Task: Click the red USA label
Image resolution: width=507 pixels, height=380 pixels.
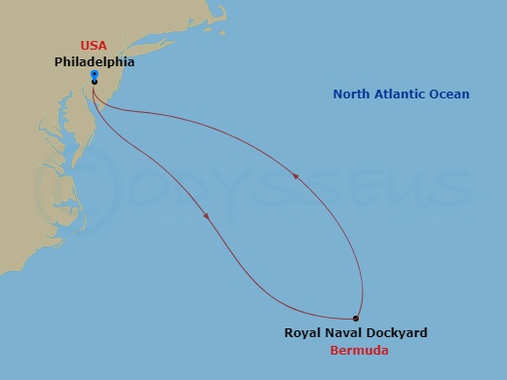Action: tap(94, 45)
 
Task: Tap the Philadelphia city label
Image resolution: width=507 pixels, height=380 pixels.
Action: tap(94, 60)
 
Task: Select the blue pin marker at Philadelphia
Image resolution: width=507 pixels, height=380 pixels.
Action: tap(94, 74)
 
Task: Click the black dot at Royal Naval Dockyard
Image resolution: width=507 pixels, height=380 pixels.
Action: tap(356, 319)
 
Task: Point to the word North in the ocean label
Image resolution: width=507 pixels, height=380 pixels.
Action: tap(351, 95)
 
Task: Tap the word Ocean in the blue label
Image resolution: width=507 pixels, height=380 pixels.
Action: tap(452, 95)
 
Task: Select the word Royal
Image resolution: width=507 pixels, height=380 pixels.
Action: tap(301, 333)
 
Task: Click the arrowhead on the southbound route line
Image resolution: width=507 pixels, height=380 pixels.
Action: tap(207, 216)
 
